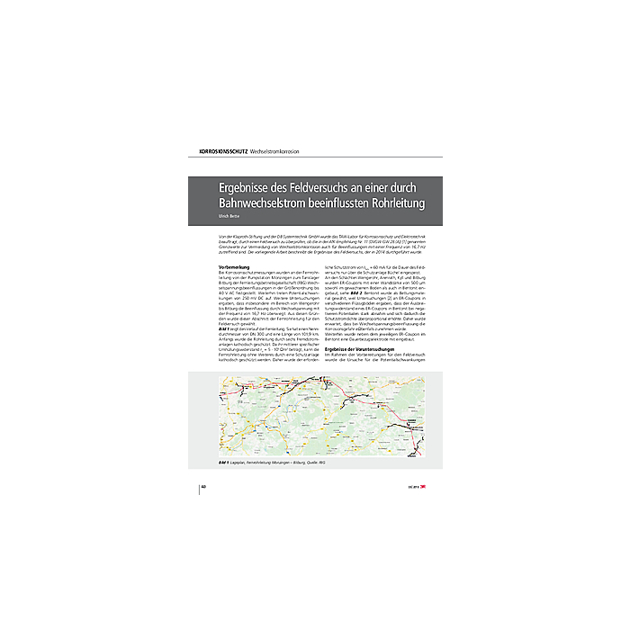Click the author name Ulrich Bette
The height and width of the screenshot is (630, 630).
(x=229, y=218)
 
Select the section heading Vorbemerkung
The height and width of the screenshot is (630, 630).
(x=237, y=269)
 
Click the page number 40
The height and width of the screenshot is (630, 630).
(x=203, y=485)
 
